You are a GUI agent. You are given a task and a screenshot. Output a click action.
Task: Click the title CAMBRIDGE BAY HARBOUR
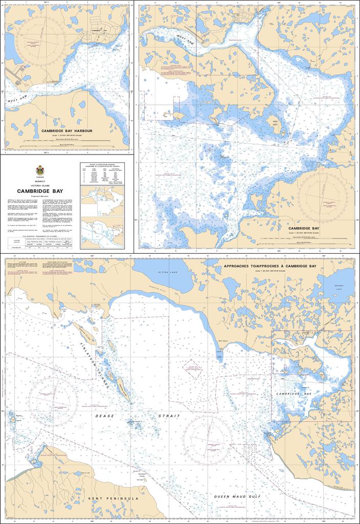[x=66, y=130]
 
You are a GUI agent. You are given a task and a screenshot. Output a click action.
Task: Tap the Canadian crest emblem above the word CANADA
[x=40, y=169]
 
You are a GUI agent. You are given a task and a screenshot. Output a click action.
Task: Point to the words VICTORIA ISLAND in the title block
[x=40, y=185]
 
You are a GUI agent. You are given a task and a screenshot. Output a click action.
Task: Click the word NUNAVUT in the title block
[x=40, y=181]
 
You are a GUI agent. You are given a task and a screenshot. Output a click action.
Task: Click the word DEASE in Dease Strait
[x=104, y=416]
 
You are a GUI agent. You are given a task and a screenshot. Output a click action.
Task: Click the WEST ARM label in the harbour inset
[x=17, y=101]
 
